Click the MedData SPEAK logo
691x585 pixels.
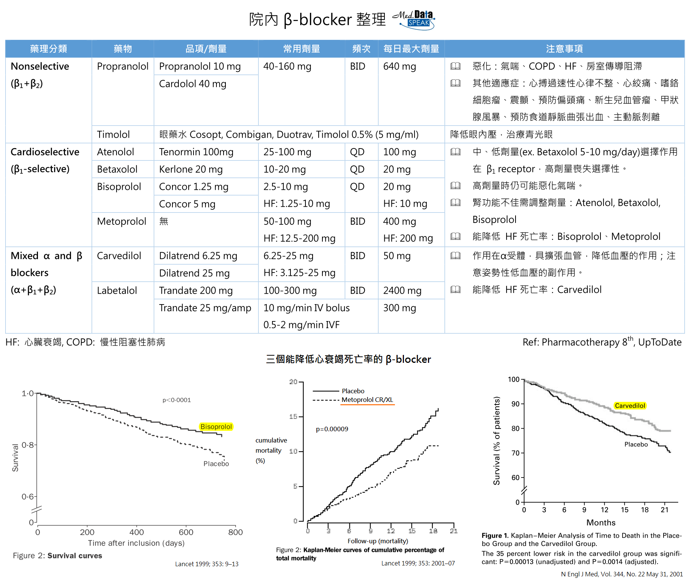click(414, 20)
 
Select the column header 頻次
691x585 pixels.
click(361, 49)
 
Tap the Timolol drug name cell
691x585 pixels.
click(113, 135)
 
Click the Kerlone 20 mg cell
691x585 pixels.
click(191, 169)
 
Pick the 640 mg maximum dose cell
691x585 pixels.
click(399, 67)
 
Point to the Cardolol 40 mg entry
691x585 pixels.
click(192, 84)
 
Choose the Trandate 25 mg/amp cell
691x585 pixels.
click(205, 308)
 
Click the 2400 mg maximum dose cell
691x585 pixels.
click(402, 291)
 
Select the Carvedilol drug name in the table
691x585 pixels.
click(119, 256)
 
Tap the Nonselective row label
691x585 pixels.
click(40, 67)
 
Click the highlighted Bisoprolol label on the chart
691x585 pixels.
click(216, 427)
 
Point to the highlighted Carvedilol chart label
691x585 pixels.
click(630, 406)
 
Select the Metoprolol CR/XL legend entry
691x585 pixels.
click(367, 400)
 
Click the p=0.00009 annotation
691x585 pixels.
click(332, 429)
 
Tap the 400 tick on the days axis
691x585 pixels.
click(136, 532)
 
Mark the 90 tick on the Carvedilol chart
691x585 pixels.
click(515, 404)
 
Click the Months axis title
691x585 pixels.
click(601, 523)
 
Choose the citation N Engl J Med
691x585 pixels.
click(621, 574)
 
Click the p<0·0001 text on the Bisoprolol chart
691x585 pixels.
click(177, 400)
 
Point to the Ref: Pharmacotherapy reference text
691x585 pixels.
click(602, 342)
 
